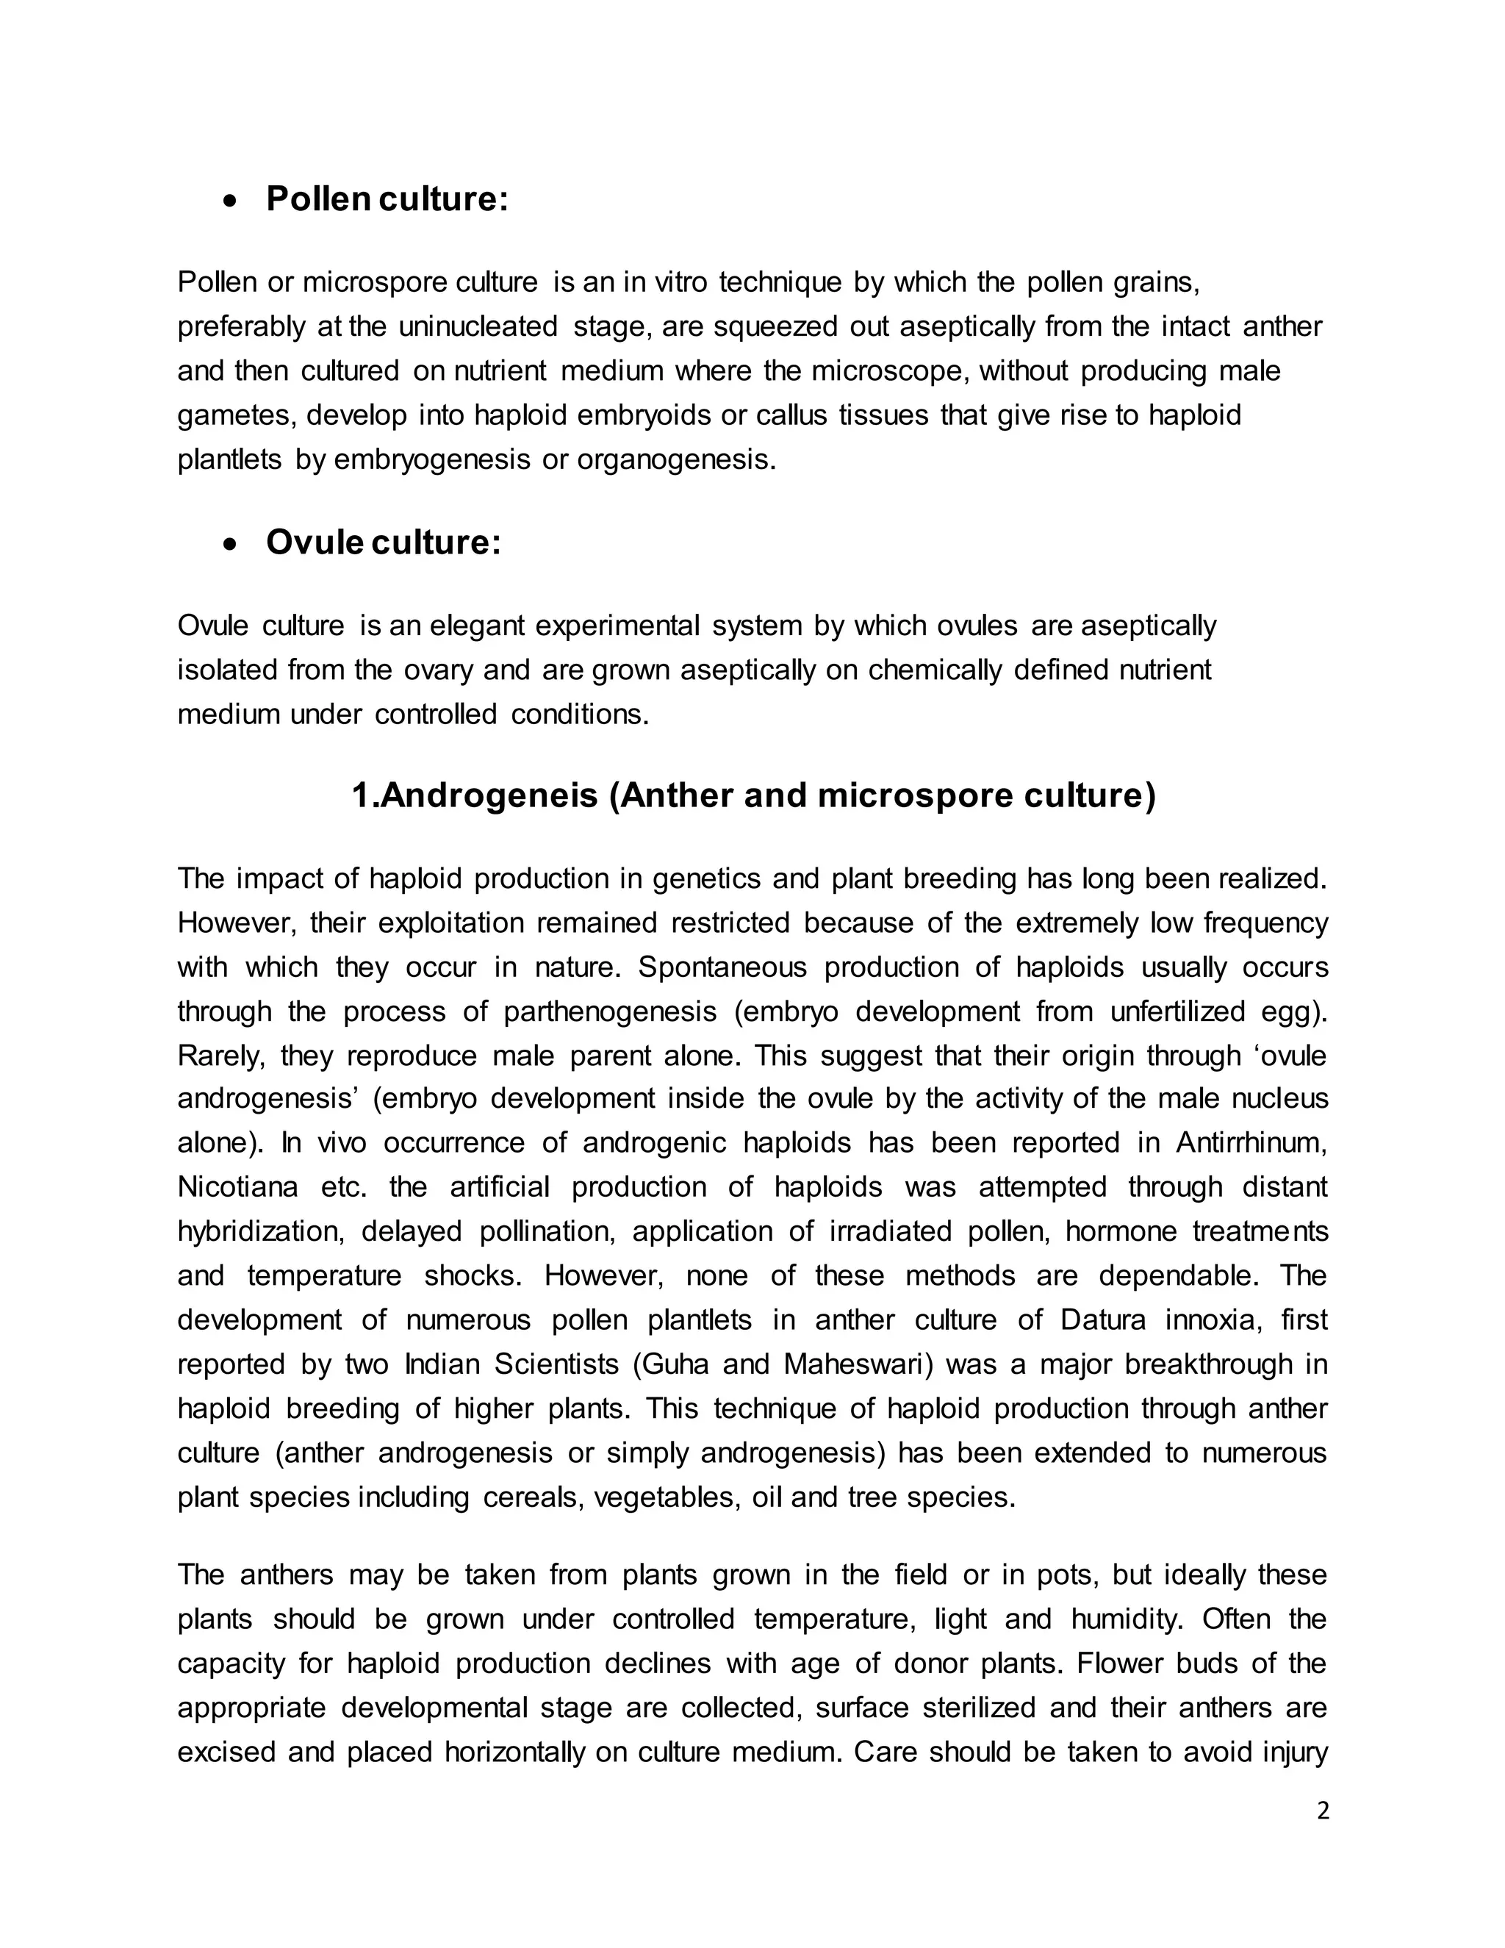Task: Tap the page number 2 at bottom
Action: coord(1322,1811)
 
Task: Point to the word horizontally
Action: coord(514,1752)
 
